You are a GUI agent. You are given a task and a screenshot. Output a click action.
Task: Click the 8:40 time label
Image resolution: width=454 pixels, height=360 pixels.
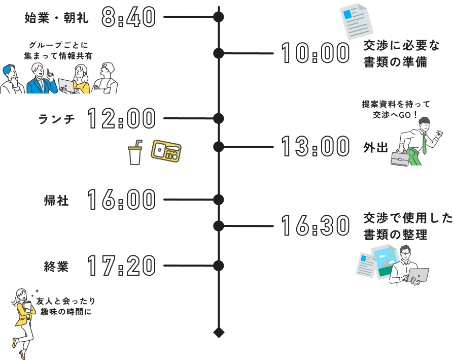[x=128, y=18]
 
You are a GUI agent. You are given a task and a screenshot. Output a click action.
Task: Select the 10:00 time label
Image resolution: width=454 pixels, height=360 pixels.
[x=315, y=53]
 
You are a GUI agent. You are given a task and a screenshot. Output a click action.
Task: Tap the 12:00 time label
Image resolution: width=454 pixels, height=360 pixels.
[x=121, y=119]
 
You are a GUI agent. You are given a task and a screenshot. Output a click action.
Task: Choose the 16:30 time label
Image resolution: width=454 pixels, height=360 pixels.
[x=315, y=226]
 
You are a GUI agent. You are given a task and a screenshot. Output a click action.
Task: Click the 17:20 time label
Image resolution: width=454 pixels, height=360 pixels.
[x=121, y=266]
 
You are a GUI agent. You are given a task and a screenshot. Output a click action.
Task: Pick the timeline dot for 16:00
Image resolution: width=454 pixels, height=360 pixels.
[x=218, y=199]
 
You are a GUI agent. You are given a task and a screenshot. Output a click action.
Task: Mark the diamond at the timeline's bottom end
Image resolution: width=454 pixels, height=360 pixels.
[x=218, y=333]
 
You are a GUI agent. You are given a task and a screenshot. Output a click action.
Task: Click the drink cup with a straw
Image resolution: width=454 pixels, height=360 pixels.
[x=135, y=153]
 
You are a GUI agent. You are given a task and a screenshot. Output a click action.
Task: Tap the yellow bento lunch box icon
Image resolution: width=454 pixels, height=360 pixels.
[x=166, y=151]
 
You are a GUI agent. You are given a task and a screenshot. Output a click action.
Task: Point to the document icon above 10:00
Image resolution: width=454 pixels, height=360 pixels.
[x=356, y=21]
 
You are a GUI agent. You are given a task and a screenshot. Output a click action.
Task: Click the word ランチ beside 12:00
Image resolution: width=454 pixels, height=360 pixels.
[x=56, y=119]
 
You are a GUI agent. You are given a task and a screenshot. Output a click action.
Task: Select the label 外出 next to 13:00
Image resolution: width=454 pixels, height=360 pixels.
[x=375, y=148]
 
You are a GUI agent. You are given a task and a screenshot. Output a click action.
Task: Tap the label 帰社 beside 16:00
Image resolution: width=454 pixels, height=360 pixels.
[x=56, y=200]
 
